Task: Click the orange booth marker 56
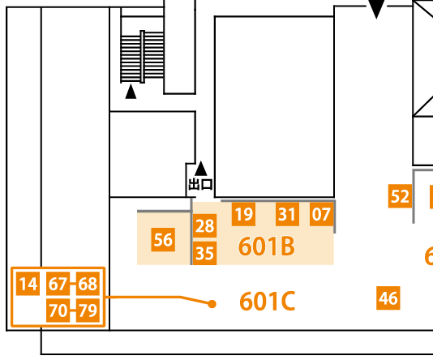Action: [x=163, y=240]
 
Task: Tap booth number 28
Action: [x=204, y=226]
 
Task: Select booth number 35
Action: [x=204, y=253]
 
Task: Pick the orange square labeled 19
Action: [x=243, y=214]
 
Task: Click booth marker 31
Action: [x=287, y=214]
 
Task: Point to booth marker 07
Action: [x=321, y=214]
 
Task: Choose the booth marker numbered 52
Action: [x=400, y=196]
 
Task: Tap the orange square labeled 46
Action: [x=388, y=298]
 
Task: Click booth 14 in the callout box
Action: [x=28, y=284]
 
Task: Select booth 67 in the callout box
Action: [x=58, y=284]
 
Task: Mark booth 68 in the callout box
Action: [x=88, y=284]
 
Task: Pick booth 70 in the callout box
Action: [x=58, y=311]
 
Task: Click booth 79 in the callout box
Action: [x=88, y=311]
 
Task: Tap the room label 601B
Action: [x=267, y=246]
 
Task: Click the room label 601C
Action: [x=267, y=301]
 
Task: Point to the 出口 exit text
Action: [x=201, y=184]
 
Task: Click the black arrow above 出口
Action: [x=201, y=169]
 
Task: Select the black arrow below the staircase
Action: [x=131, y=92]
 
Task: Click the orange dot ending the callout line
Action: [x=212, y=304]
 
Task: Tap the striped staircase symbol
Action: [x=142, y=57]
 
